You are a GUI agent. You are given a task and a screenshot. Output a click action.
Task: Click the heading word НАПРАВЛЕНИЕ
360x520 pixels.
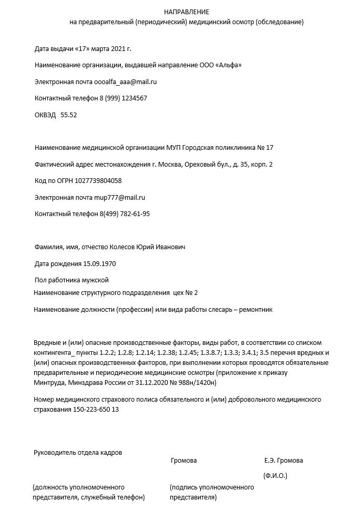(x=186, y=12)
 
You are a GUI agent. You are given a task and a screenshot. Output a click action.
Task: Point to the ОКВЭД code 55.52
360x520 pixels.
(x=69, y=115)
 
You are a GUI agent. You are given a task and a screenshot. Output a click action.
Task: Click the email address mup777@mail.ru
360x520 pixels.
(x=119, y=198)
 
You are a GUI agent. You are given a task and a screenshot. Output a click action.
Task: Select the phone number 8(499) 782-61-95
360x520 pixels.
(x=125, y=214)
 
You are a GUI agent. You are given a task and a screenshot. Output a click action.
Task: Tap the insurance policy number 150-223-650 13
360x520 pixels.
(x=96, y=410)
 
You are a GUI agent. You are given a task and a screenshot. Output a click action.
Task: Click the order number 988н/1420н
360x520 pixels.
(x=197, y=383)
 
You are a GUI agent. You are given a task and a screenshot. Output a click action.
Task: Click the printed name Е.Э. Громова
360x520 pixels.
(x=283, y=461)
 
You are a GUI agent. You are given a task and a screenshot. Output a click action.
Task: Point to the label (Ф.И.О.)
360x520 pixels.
(x=275, y=476)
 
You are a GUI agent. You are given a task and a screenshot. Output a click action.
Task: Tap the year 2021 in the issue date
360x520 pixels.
(x=118, y=49)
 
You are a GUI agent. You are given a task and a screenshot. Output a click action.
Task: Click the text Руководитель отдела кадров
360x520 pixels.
(x=78, y=452)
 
